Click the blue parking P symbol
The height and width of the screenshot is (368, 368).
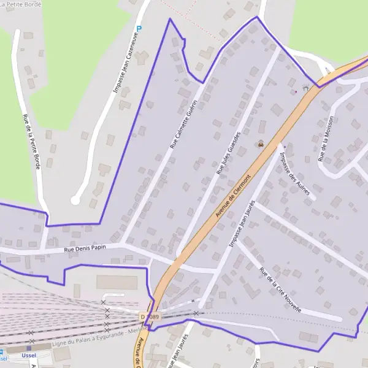click(x=139, y=28)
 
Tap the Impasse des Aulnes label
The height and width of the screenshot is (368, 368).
click(x=295, y=174)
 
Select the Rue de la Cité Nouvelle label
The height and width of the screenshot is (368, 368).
click(x=280, y=290)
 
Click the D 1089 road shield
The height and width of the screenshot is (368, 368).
click(x=150, y=317)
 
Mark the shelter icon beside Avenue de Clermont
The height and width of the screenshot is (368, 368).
click(x=305, y=88)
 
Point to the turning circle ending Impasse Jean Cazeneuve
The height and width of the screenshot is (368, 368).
click(x=75, y=200)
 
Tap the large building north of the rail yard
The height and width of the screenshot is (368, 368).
click(x=117, y=282)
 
